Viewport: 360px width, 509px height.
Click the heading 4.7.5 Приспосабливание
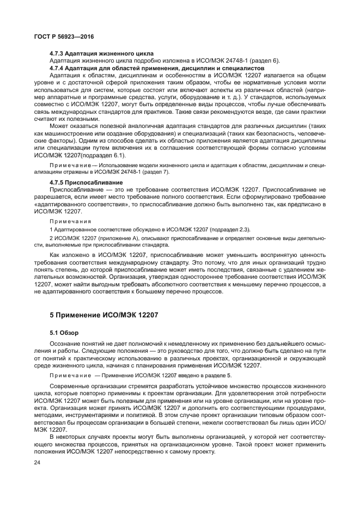(x=78, y=182)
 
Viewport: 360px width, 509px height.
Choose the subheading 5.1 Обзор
(x=64, y=332)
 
